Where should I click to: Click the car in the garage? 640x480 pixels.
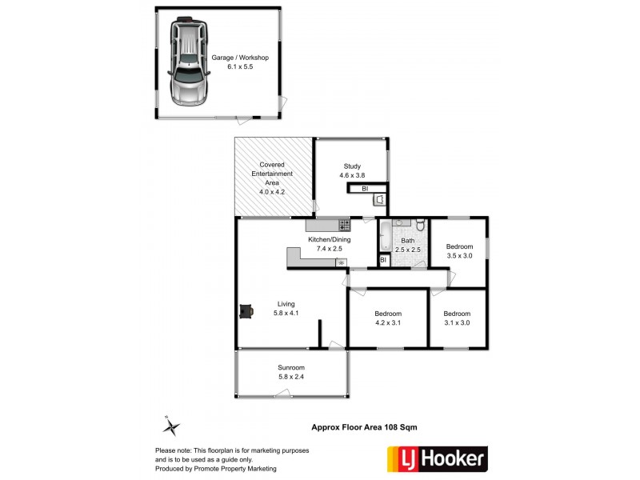(x=187, y=63)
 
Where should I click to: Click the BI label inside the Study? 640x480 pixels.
(x=364, y=189)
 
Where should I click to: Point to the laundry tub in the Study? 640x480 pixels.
(x=380, y=200)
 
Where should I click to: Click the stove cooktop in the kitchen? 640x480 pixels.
(x=344, y=226)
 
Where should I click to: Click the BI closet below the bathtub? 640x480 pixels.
(x=384, y=260)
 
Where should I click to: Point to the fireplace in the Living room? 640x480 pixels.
(x=246, y=310)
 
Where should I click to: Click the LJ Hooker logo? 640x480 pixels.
(x=437, y=458)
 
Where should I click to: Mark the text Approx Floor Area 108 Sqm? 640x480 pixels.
(x=364, y=427)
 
